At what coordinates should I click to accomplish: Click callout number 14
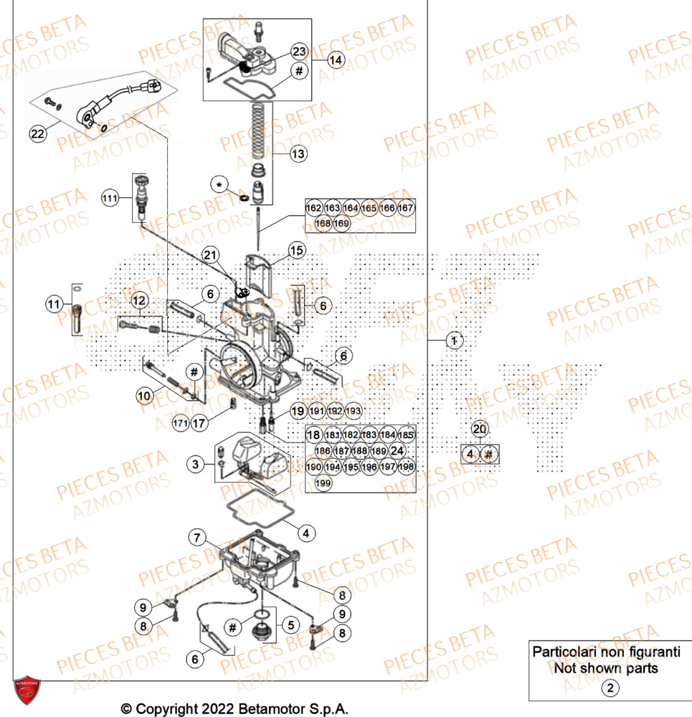click(x=336, y=60)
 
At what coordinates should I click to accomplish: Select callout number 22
click(x=37, y=133)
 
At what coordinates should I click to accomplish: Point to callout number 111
click(x=109, y=199)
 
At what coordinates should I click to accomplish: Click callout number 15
click(x=298, y=250)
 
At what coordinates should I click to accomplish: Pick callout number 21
click(x=209, y=255)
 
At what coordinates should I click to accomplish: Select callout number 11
click(x=54, y=305)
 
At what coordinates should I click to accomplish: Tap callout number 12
click(x=138, y=300)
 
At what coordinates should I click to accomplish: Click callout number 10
click(x=145, y=394)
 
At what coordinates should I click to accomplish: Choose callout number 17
click(x=199, y=424)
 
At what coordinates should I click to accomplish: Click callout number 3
click(x=194, y=465)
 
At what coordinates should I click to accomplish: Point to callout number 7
click(x=196, y=536)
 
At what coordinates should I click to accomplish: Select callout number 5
click(x=290, y=625)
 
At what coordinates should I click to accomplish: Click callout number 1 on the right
click(x=452, y=341)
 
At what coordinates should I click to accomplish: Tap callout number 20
click(x=480, y=429)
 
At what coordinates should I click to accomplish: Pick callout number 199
click(x=323, y=483)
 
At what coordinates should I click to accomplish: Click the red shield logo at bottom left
click(x=29, y=693)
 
